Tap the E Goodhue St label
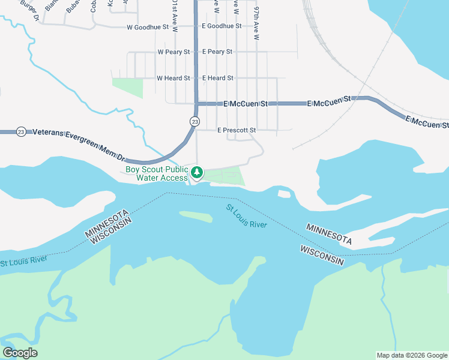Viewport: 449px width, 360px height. tap(221, 26)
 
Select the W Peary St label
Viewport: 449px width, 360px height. tap(173, 52)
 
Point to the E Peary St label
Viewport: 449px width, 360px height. tap(217, 52)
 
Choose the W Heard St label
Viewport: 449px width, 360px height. tap(173, 78)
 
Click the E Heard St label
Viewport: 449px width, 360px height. tap(217, 78)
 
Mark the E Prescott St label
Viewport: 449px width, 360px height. tap(237, 130)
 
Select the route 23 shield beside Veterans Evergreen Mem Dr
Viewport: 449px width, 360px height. tap(21, 132)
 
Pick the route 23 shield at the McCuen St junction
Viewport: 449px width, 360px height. tap(194, 121)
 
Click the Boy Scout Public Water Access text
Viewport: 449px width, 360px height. tap(157, 173)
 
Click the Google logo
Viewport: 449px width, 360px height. tap(20, 353)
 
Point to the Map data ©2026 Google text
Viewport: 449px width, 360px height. tap(411, 355)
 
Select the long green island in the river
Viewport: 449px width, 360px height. tap(196, 216)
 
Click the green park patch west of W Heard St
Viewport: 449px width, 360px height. tap(128, 87)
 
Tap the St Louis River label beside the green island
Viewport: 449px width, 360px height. tap(246, 216)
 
